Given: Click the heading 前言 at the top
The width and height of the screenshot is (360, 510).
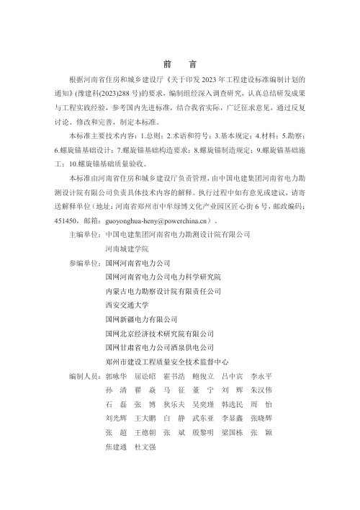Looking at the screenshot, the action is tap(179, 63).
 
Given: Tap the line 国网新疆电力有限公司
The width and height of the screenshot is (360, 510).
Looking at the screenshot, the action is tap(141, 319).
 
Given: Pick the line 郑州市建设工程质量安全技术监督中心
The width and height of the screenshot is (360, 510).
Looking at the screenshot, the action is tap(166, 362).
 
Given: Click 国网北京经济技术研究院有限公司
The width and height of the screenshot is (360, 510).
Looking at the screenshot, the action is tap(159, 334).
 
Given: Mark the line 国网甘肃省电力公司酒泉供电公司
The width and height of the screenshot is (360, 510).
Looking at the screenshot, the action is tap(159, 347).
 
